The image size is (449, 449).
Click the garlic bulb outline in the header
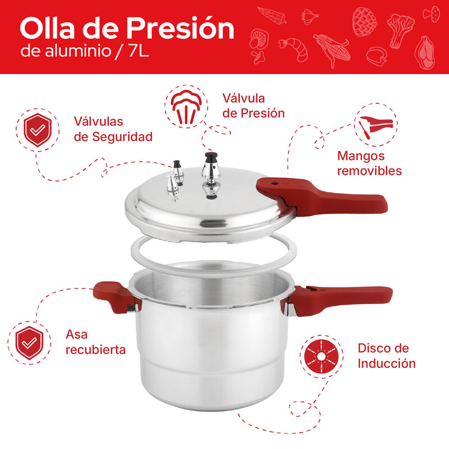[x=309, y=16]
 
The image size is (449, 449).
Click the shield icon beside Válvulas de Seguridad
[x=38, y=130]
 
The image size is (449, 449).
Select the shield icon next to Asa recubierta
[x=29, y=342]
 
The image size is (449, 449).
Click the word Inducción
[x=387, y=363]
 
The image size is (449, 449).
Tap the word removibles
[x=369, y=171]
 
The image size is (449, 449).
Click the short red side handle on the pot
[x=112, y=295]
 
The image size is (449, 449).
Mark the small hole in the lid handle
[x=274, y=183]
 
